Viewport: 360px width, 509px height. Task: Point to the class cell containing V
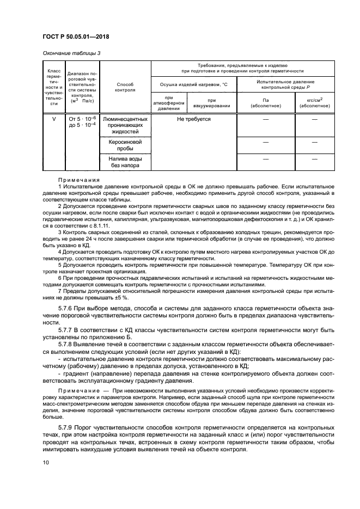(x=53, y=119)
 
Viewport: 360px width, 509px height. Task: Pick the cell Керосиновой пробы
(x=125, y=145)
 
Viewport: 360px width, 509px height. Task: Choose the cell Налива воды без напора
(x=125, y=162)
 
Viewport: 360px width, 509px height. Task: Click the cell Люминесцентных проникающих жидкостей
(x=125, y=125)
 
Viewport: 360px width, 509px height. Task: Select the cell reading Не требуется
(x=193, y=119)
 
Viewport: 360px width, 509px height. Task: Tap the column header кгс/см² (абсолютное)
(x=314, y=102)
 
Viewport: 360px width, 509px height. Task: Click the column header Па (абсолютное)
(x=266, y=102)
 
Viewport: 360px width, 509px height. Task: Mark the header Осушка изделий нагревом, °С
(x=193, y=84)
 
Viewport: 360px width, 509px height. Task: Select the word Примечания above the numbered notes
(x=79, y=180)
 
